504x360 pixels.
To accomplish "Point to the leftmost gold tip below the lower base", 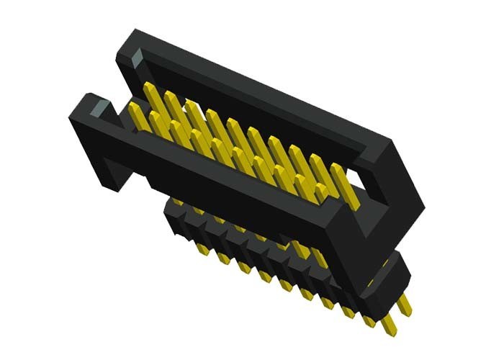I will (204, 248).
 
